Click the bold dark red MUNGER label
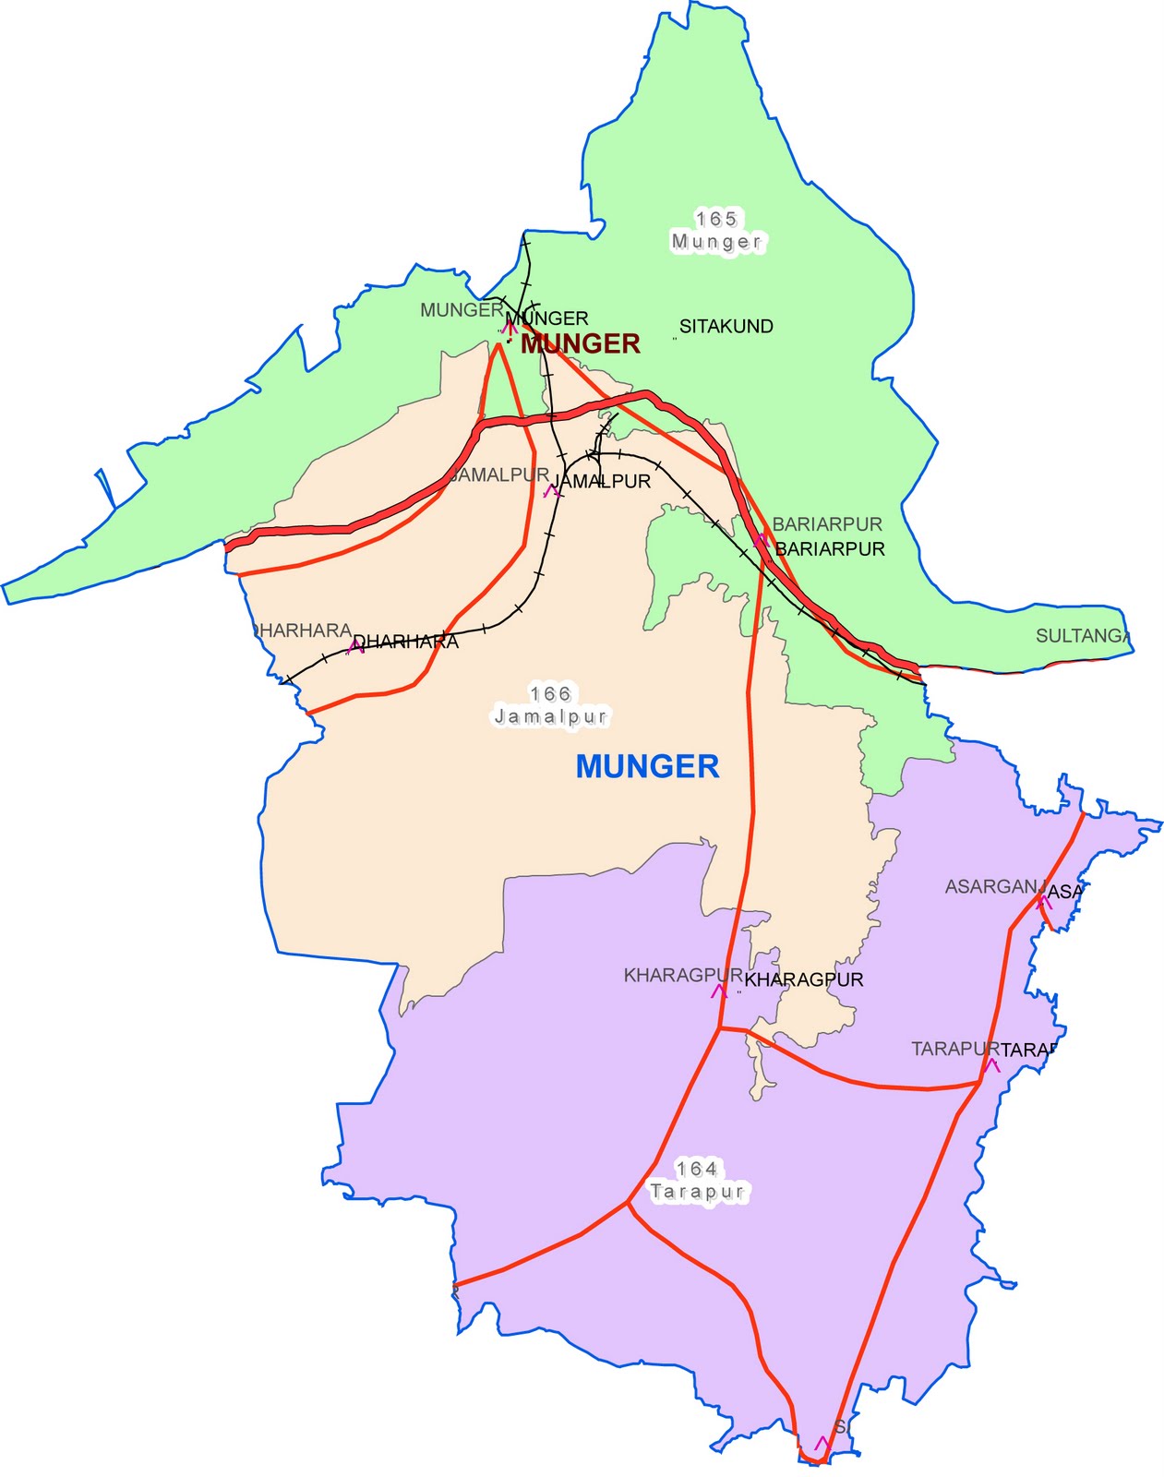pos(580,344)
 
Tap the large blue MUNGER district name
pos(647,766)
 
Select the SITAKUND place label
pos(726,326)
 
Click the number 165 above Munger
pos(716,219)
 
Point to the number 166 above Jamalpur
pos(550,693)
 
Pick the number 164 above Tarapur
pos(696,1169)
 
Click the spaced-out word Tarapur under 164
pos(696,1192)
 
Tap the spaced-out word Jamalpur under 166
pos(550,716)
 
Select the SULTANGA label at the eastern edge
pos(1082,636)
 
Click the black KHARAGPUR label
pos(803,979)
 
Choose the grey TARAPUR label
pos(955,1050)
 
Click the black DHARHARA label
pos(406,642)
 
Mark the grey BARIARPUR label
pos(827,524)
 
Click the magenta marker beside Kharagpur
pos(718,991)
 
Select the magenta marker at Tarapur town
pos(992,1064)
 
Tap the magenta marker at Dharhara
pos(355,647)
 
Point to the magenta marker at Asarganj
pos(1044,900)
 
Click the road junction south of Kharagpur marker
pos(719,1028)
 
